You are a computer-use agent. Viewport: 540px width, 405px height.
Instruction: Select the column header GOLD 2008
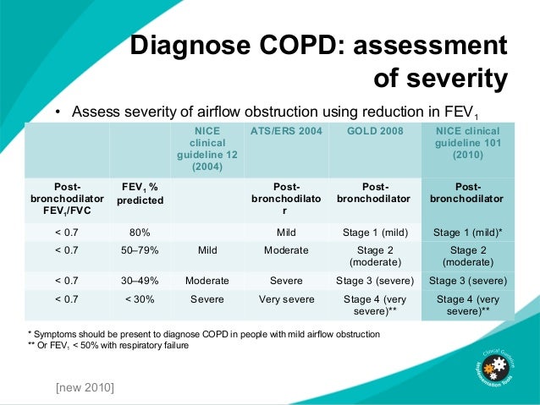pos(375,132)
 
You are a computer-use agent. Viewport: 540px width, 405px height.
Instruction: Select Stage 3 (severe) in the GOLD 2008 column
pos(375,280)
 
